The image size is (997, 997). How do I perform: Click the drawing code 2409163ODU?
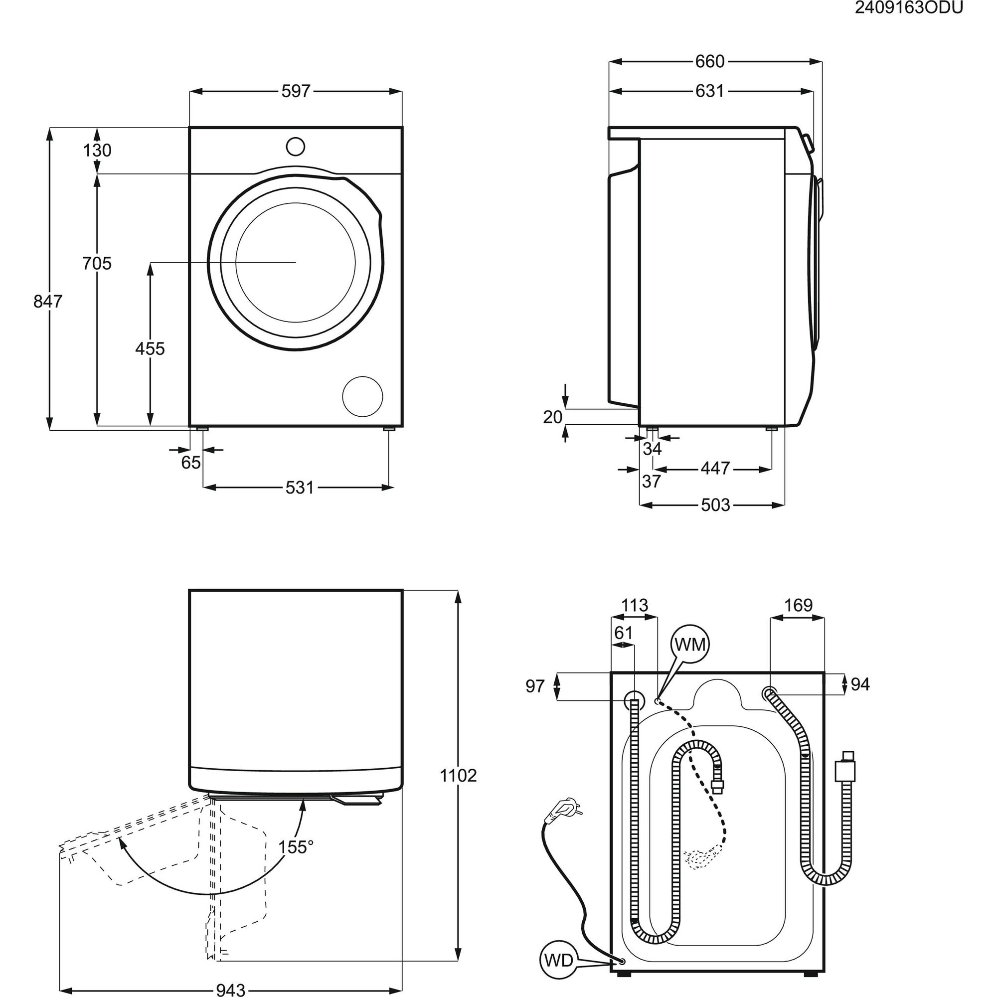tap(909, 9)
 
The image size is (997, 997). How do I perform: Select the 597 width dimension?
tap(296, 91)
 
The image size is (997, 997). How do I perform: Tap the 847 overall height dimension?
tap(47, 301)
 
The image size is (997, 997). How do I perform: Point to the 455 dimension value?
tap(150, 349)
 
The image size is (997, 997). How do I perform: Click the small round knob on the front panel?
tap(296, 146)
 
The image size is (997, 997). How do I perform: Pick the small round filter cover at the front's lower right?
tap(362, 397)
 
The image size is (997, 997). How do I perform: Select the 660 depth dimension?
tap(710, 62)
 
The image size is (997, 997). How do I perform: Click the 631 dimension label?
tap(709, 91)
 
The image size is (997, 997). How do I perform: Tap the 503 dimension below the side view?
tap(715, 504)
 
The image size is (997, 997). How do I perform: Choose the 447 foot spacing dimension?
tap(715, 469)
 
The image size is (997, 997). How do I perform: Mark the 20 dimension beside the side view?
tap(552, 417)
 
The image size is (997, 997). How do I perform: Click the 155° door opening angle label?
tap(296, 847)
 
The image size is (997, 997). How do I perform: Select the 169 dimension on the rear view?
tap(798, 605)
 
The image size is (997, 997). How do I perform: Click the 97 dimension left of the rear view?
tap(535, 686)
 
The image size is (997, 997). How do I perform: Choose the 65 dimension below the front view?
tap(190, 463)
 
